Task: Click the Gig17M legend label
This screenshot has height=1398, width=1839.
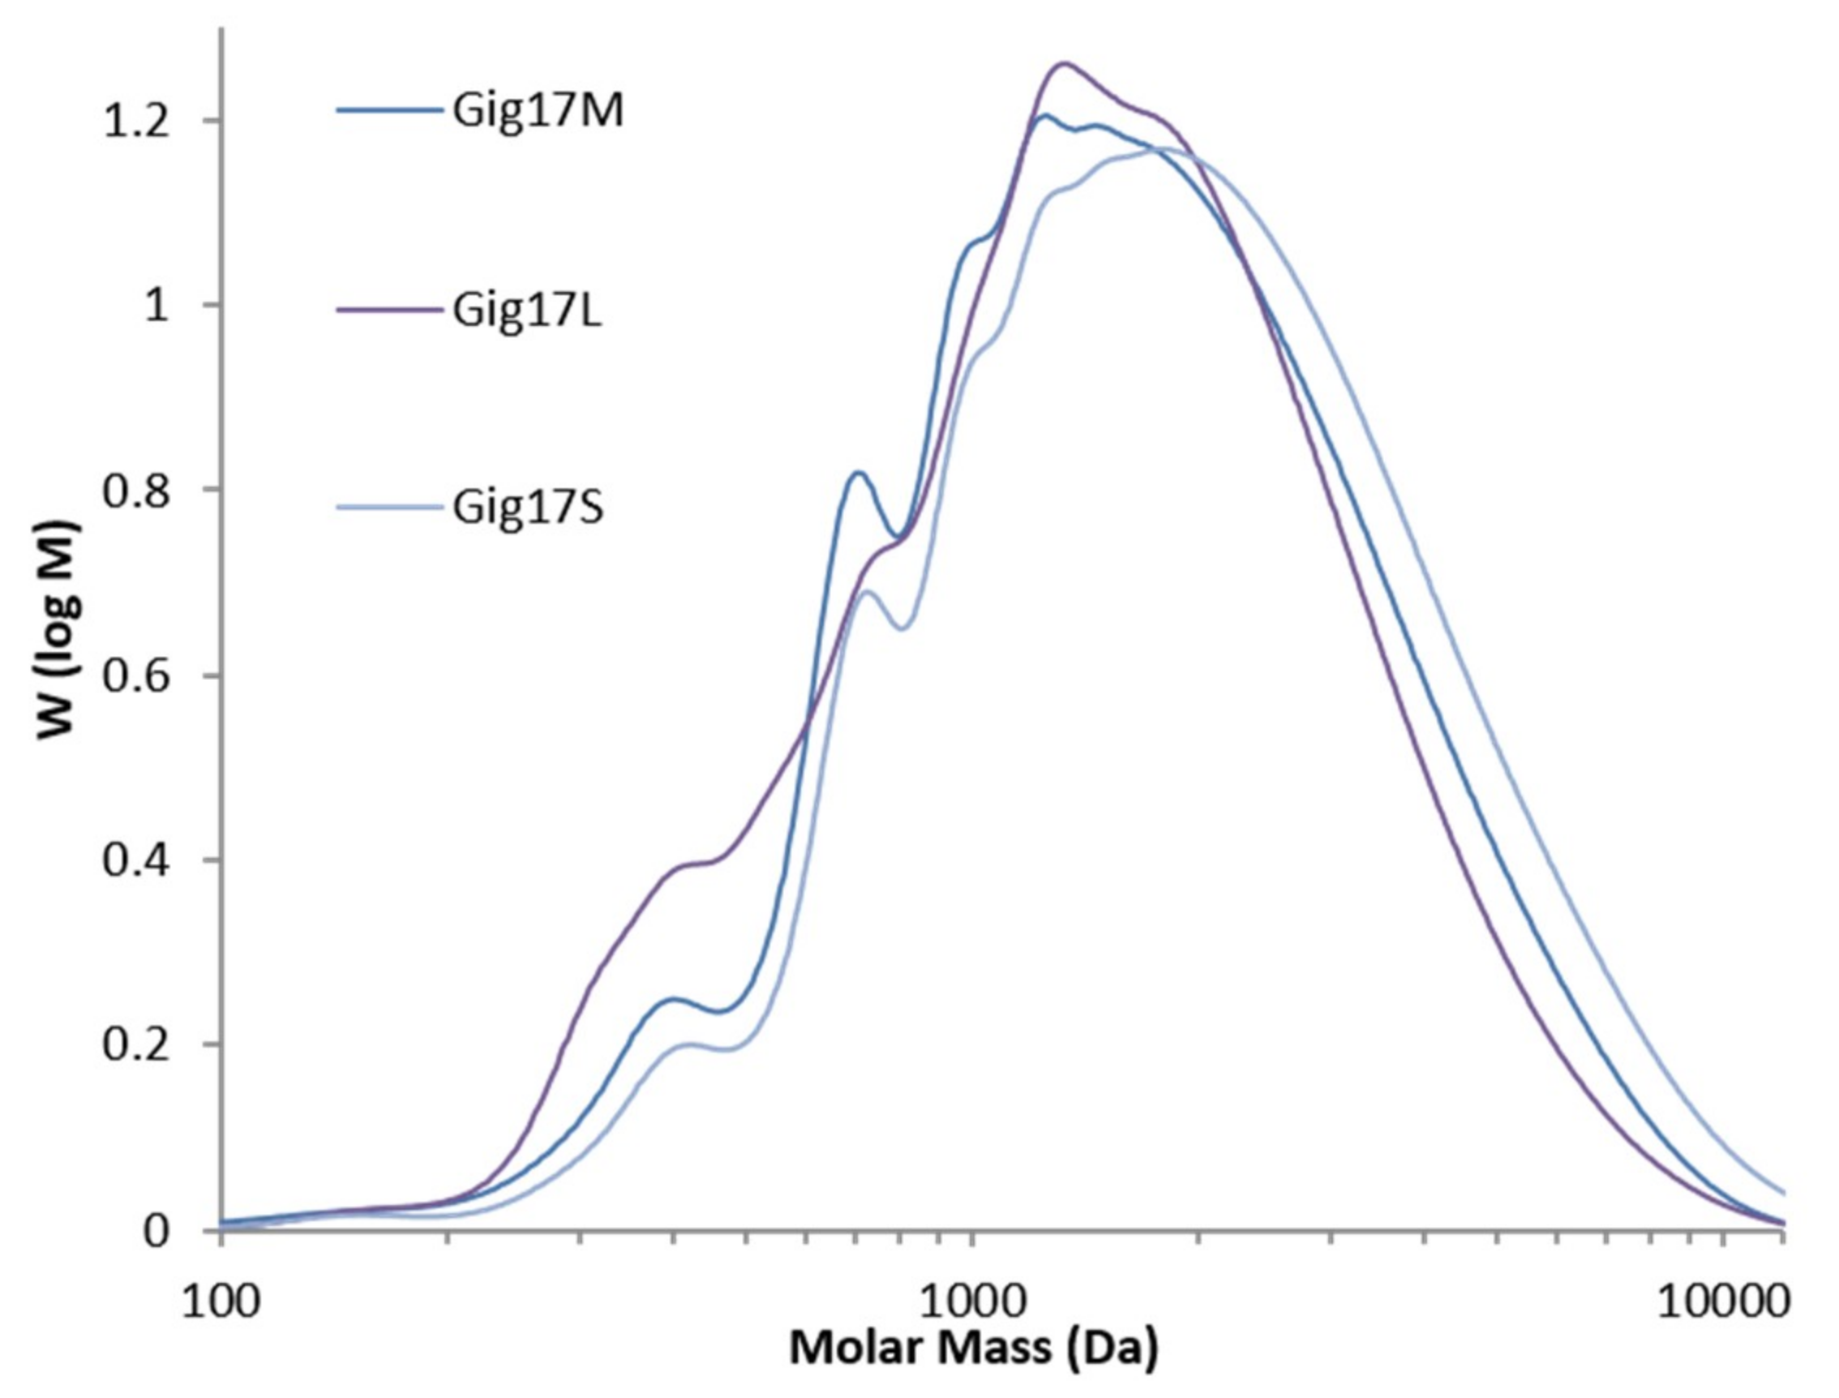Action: tap(538, 112)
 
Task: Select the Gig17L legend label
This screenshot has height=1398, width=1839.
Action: tap(527, 311)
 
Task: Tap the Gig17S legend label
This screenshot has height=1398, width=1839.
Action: tap(528, 508)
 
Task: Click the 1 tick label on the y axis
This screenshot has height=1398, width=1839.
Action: tap(156, 306)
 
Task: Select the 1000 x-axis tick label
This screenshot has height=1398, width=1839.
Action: tap(971, 1302)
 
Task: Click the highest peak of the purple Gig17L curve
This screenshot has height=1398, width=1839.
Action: tap(1064, 63)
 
